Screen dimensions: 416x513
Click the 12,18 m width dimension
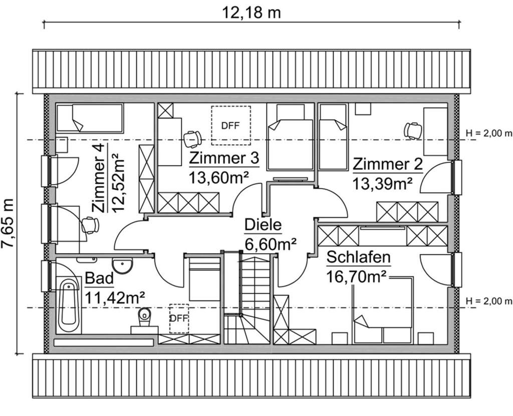tap(251, 12)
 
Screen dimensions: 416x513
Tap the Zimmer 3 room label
tap(224, 159)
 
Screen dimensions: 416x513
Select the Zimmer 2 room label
tap(388, 164)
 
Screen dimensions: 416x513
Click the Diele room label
tap(263, 226)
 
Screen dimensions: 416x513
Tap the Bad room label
tap(100, 278)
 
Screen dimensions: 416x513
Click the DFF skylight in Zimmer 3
tap(230, 125)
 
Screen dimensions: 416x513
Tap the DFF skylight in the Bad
tap(179, 318)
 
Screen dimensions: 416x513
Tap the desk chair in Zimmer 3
tap(192, 138)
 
